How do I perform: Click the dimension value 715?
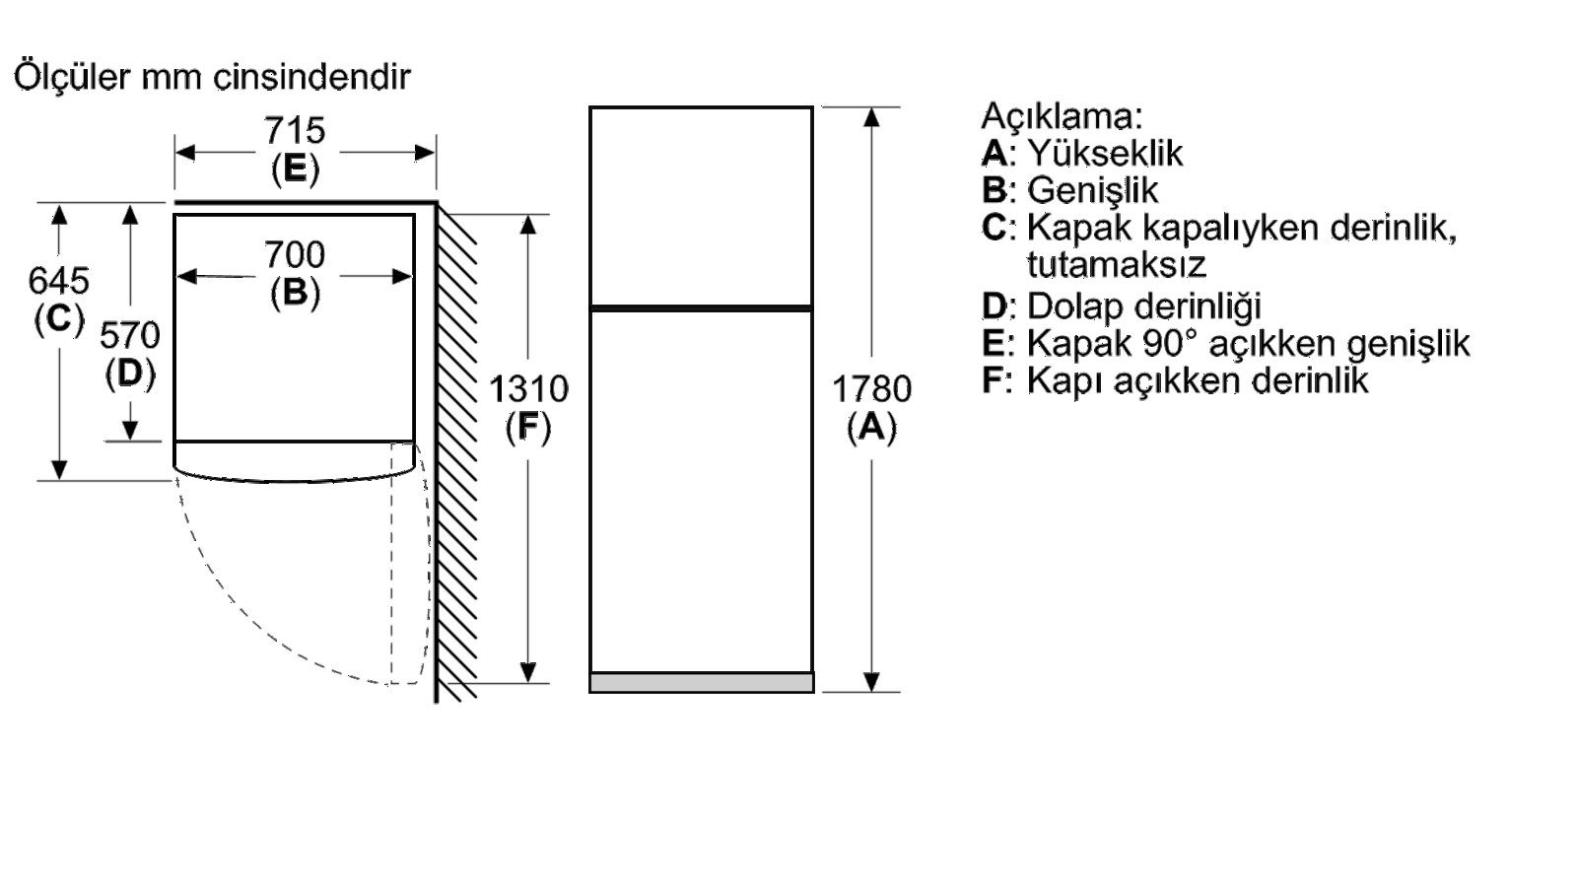pyautogui.click(x=295, y=130)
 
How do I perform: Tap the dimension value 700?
pyautogui.click(x=295, y=254)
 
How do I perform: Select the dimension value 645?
pyautogui.click(x=58, y=280)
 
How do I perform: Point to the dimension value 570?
pyautogui.click(x=129, y=335)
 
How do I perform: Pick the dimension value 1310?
pyautogui.click(x=528, y=388)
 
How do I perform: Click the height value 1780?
pyautogui.click(x=871, y=388)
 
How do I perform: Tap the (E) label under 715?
pyautogui.click(x=295, y=169)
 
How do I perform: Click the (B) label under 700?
pyautogui.click(x=295, y=293)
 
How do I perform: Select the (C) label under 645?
pyautogui.click(x=59, y=319)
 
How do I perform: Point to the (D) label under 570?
pyautogui.click(x=130, y=374)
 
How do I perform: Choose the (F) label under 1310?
pyautogui.click(x=528, y=428)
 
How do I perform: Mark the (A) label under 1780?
pyautogui.click(x=871, y=428)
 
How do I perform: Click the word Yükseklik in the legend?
pyautogui.click(x=1105, y=153)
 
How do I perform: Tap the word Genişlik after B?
pyautogui.click(x=1092, y=190)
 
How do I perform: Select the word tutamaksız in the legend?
pyautogui.click(x=1116, y=265)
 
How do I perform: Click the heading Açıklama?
pyautogui.click(x=1061, y=116)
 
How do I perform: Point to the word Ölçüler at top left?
pyautogui.click(x=72, y=76)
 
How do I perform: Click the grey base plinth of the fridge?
pyautogui.click(x=701, y=683)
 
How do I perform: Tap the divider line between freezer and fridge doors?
pyautogui.click(x=701, y=308)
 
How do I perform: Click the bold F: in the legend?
pyautogui.click(x=996, y=380)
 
